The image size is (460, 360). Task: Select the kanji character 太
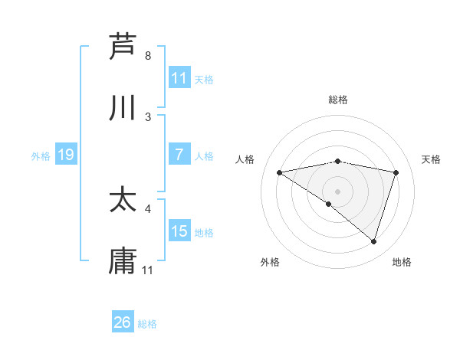click(x=123, y=200)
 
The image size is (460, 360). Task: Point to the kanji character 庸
click(x=123, y=261)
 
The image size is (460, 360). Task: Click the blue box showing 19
click(x=65, y=155)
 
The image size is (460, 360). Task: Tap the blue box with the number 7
click(x=179, y=155)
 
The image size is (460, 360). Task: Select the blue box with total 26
click(x=122, y=322)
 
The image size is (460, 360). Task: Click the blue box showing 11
click(x=179, y=78)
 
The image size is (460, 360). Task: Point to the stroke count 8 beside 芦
click(x=148, y=56)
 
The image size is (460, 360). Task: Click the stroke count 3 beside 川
click(x=148, y=117)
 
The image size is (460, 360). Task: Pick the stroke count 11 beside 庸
click(x=148, y=270)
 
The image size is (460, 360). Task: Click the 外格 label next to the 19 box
click(x=41, y=156)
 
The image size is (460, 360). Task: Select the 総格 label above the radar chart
click(x=338, y=100)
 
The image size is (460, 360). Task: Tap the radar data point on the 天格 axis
click(x=396, y=172)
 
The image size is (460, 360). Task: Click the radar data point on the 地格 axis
click(x=373, y=241)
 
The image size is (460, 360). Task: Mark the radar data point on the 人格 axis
click(x=279, y=172)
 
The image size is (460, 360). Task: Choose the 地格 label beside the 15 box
click(x=204, y=233)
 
